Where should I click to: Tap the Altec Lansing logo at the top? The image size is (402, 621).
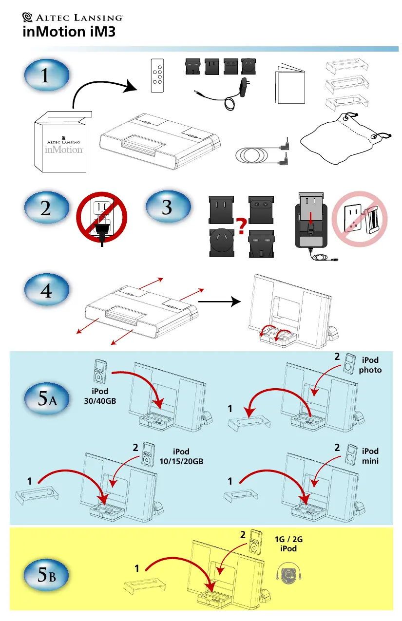click(x=73, y=18)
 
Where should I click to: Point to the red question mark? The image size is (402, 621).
click(x=240, y=227)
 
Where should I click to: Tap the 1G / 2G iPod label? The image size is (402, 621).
click(x=285, y=544)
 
